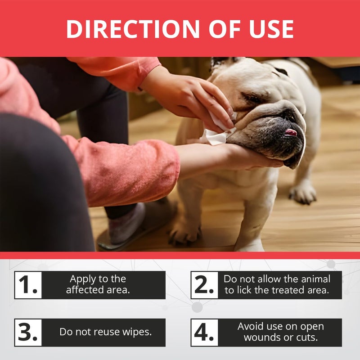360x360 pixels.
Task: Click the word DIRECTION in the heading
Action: pyautogui.click(x=133, y=29)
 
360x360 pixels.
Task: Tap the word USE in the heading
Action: pyautogui.click(x=272, y=29)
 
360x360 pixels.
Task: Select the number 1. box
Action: pyautogui.click(x=28, y=285)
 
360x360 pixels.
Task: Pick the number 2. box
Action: pyautogui.click(x=204, y=285)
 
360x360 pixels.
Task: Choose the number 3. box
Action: pyautogui.click(x=28, y=333)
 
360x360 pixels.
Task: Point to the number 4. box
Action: pyautogui.click(x=204, y=333)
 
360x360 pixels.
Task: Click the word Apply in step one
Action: pyautogui.click(x=83, y=279)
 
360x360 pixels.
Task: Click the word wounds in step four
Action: pyautogui.click(x=260, y=337)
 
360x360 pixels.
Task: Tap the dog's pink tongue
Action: pyautogui.click(x=291, y=132)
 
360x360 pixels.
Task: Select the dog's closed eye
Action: pyautogui.click(x=252, y=98)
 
